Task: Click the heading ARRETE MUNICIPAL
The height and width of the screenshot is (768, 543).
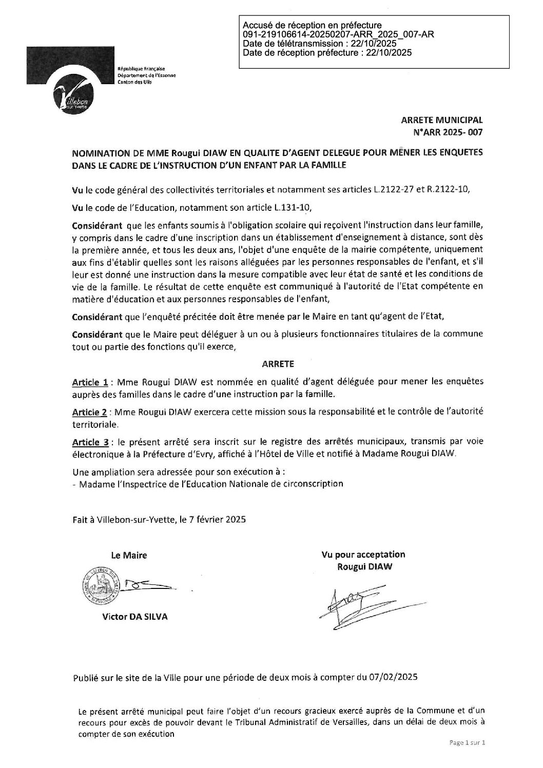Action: [442, 120]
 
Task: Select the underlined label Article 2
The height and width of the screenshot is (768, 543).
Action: [90, 412]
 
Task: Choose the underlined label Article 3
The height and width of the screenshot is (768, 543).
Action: [90, 442]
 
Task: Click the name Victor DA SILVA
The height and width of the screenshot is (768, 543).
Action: [134, 617]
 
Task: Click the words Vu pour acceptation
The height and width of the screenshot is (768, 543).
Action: [363, 555]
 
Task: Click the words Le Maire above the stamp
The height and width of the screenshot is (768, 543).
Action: [129, 555]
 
